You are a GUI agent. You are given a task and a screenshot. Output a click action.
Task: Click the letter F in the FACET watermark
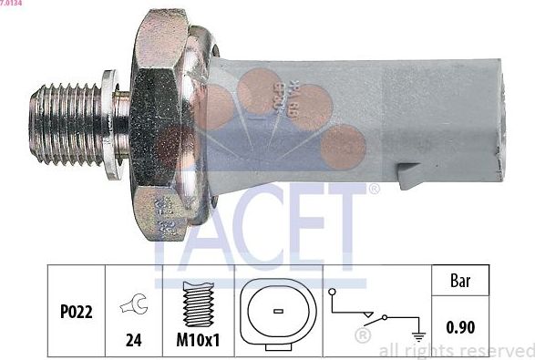[x=172, y=229]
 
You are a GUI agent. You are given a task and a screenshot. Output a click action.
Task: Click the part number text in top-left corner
[x=12, y=4]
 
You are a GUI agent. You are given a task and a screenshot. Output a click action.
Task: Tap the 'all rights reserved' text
[x=456, y=351]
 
